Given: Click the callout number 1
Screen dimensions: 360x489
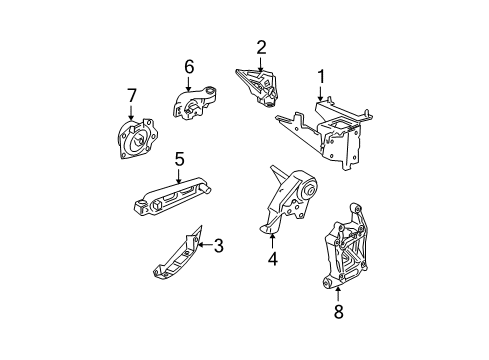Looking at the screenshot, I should [x=322, y=75].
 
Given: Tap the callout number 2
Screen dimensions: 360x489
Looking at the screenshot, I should [x=261, y=46].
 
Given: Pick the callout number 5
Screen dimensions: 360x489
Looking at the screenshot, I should [x=180, y=158].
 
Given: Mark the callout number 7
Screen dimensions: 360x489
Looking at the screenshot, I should [x=131, y=95].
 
